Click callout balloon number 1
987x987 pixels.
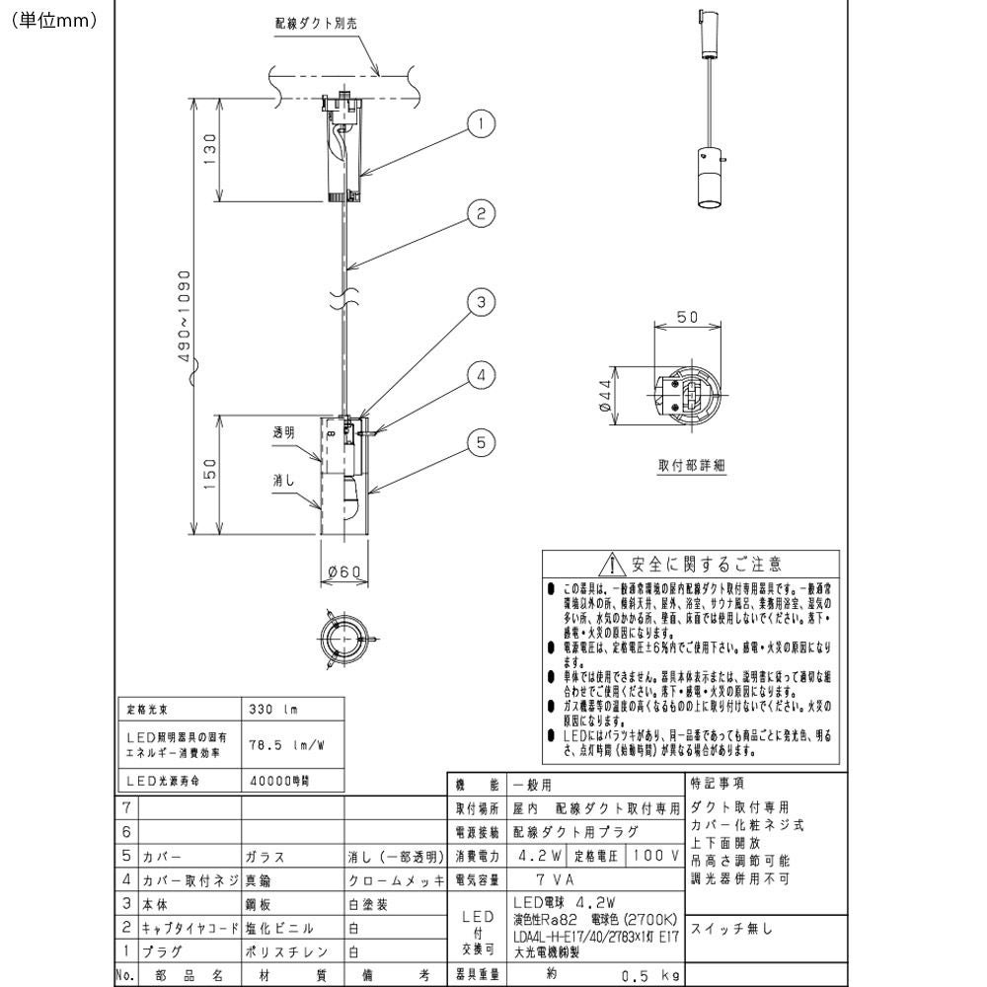tap(481, 123)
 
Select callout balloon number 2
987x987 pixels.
tap(481, 213)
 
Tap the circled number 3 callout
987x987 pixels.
tap(481, 303)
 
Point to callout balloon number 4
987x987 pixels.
tap(481, 375)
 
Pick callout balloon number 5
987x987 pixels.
tap(481, 443)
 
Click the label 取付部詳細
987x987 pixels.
tap(692, 466)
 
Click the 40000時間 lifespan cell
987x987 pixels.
tap(275, 779)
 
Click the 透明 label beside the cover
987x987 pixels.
tap(283, 432)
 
